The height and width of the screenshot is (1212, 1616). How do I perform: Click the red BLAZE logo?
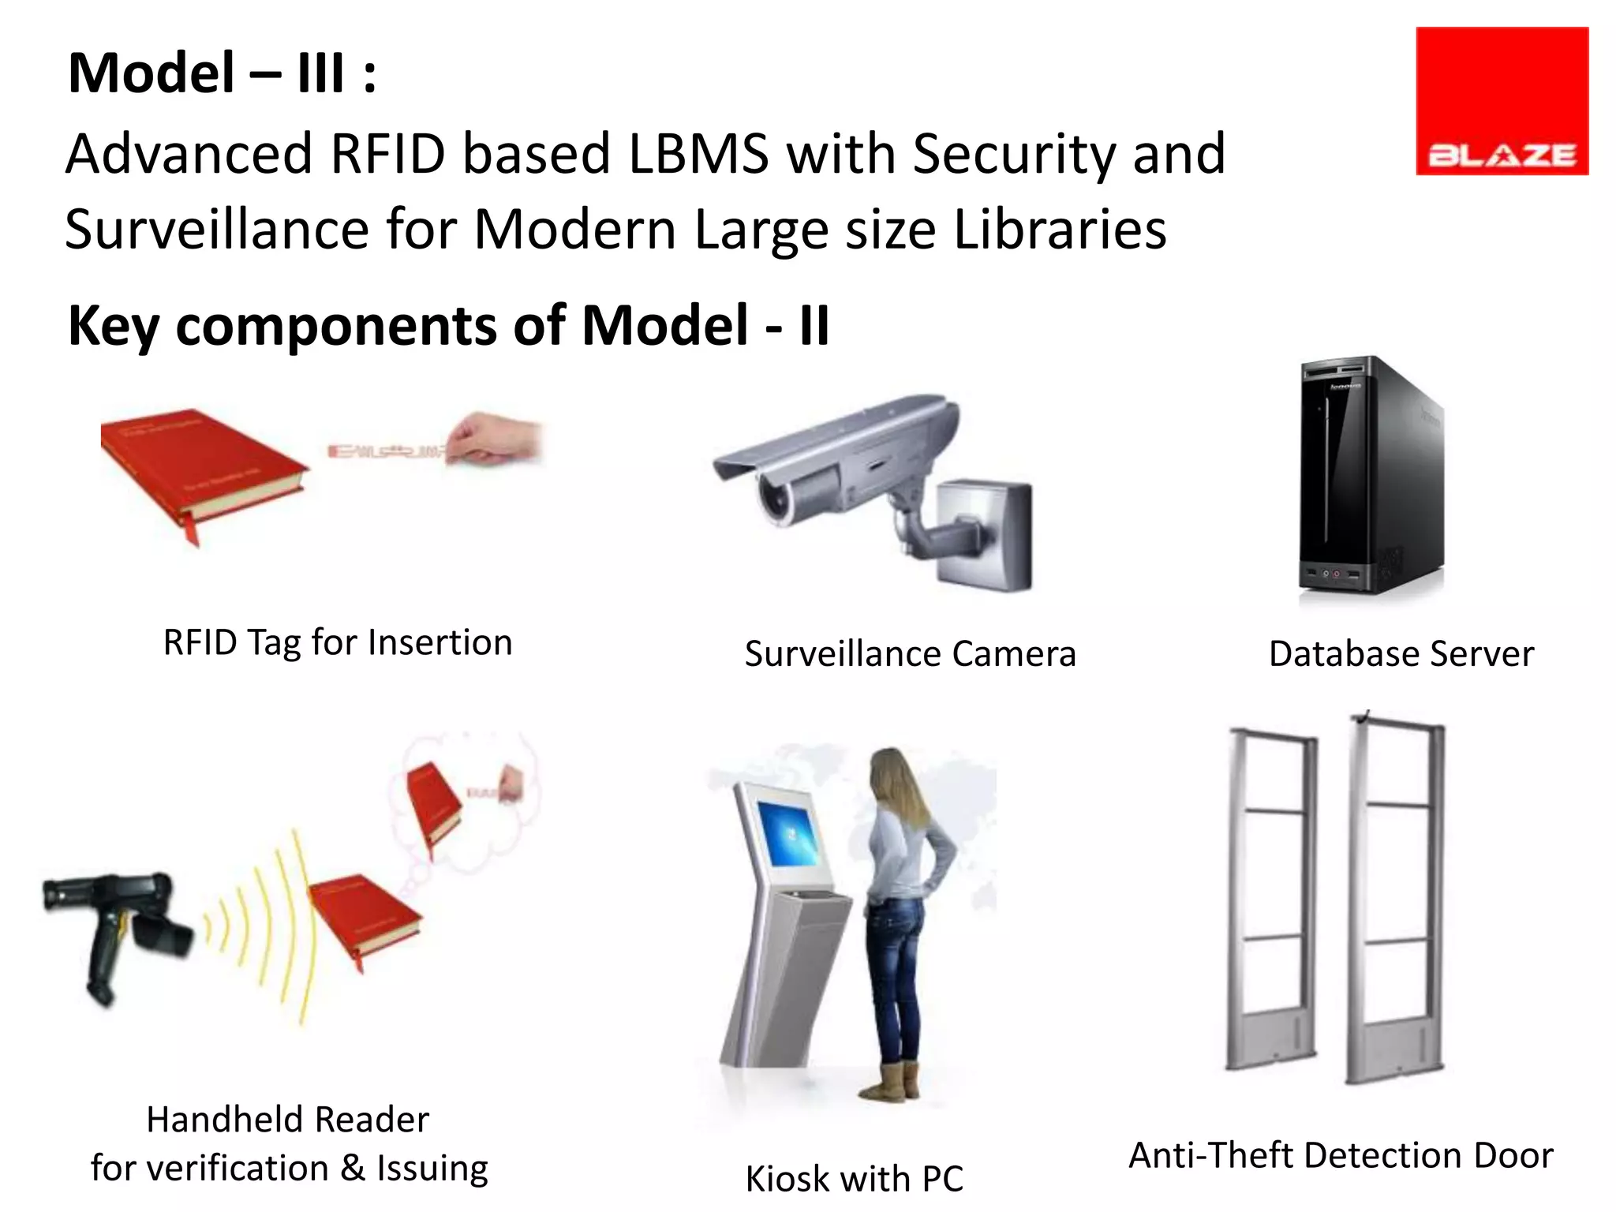pos(1502,101)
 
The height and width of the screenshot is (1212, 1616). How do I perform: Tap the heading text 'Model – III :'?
pos(222,73)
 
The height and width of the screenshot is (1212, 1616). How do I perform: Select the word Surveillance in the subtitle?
pos(216,230)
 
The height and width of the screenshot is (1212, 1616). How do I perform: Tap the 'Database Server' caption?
pos(1401,654)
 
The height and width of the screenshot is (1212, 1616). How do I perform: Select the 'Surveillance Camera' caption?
pos(910,654)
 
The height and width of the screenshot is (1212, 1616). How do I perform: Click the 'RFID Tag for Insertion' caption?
pos(338,642)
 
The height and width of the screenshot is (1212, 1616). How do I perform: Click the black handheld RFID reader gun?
pos(118,927)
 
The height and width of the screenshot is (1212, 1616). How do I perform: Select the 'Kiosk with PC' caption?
pos(855,1179)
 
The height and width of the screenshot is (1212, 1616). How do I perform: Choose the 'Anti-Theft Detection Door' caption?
pos(1341,1155)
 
